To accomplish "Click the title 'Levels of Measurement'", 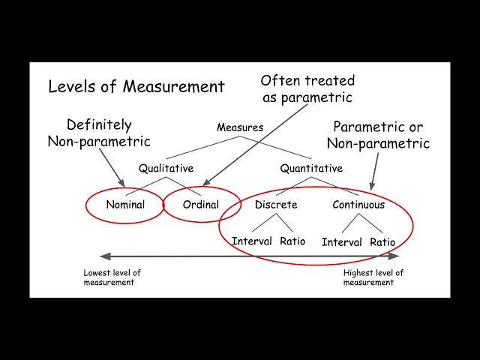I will click(136, 86).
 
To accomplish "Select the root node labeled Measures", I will click(240, 127).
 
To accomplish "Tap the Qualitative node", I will click(166, 169).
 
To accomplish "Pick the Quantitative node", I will click(311, 169).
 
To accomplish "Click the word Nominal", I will click(125, 205).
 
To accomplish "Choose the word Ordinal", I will click(201, 205).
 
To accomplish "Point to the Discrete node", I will click(276, 205).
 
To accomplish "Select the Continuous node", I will click(358, 205).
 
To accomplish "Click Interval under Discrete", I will click(252, 241).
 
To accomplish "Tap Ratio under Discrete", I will click(292, 241).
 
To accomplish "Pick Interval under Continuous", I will click(342, 242).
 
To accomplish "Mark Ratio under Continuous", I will click(382, 242).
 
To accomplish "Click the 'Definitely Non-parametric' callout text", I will click(99, 133).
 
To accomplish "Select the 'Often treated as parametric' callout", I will click(307, 88).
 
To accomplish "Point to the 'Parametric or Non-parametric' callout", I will click(381, 134).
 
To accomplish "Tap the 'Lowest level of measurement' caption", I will click(112, 277).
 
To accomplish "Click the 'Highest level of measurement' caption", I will click(373, 277).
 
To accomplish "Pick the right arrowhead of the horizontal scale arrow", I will click(394, 256).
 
